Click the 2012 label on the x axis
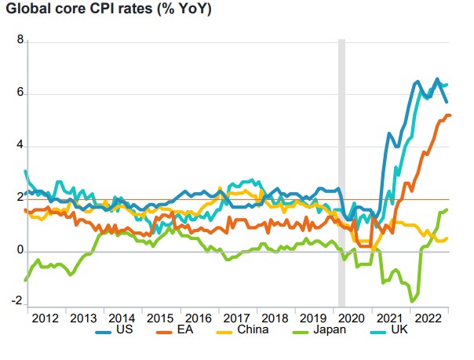click(44, 318)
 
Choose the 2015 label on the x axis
click(162, 318)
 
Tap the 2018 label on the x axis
click(275, 318)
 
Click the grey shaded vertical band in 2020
click(341, 173)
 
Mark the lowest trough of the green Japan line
click(412, 301)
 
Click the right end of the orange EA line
click(450, 115)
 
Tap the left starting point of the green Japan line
click(27, 279)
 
